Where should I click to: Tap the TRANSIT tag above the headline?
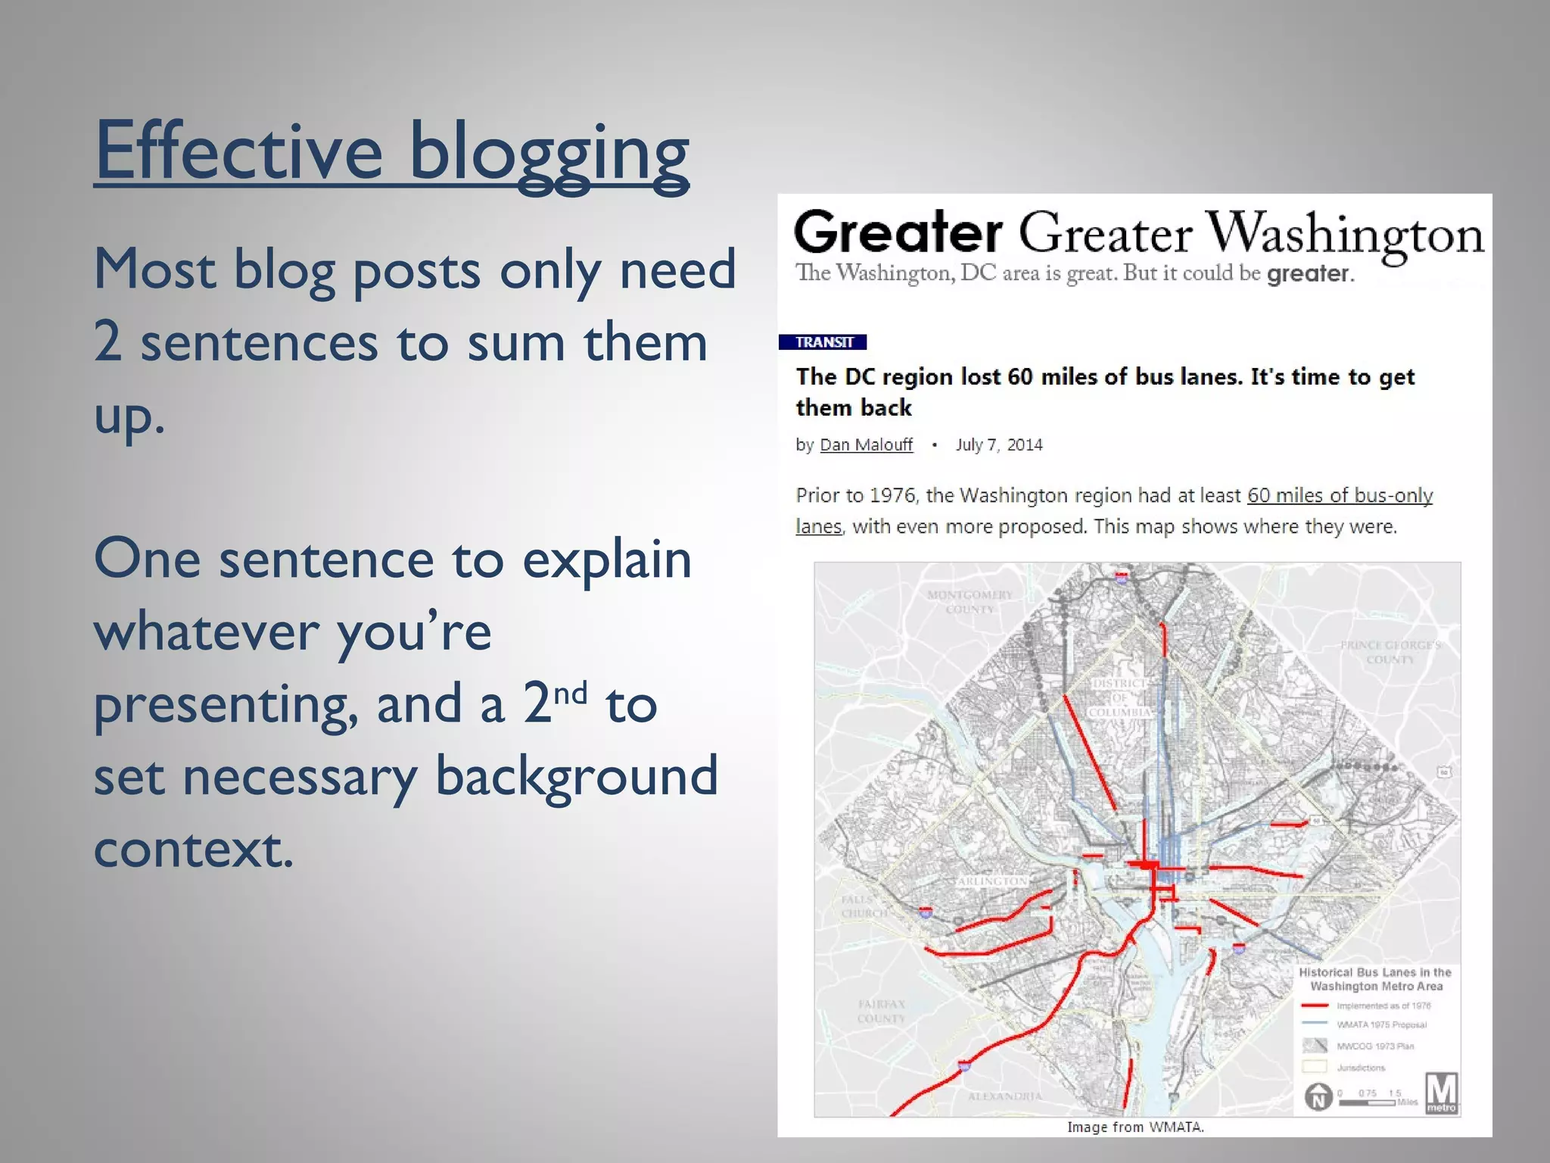pos(823,342)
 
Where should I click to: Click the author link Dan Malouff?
pos(866,444)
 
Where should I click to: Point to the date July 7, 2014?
pos(998,444)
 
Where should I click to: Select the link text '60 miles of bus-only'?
pos(1340,495)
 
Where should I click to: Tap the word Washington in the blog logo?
pos(1344,233)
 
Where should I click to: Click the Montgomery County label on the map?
pos(970,602)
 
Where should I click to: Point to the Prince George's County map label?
pos(1390,652)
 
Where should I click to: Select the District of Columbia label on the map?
pos(1120,697)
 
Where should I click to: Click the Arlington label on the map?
pos(991,881)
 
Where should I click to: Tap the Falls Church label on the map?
pos(864,906)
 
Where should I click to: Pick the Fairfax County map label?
pos(882,1011)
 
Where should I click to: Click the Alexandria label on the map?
pos(1004,1096)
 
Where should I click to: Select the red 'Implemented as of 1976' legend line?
pos(1315,1006)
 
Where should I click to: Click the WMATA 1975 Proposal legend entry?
pos(1380,1024)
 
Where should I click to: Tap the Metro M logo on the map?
pos(1441,1093)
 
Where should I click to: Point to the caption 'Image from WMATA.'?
pos(1134,1127)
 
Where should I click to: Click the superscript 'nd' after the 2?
pos(570,692)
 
